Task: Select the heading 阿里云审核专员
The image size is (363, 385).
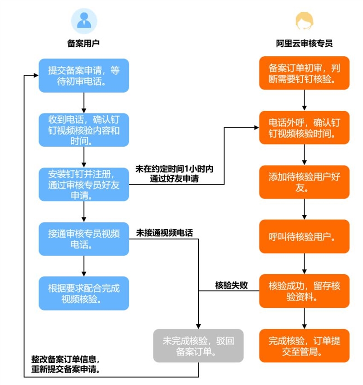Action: (x=304, y=44)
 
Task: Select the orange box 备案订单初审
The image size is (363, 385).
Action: (x=304, y=73)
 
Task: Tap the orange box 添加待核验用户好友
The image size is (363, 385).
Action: (x=304, y=182)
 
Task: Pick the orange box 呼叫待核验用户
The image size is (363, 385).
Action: (x=304, y=237)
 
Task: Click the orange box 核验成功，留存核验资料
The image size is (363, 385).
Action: (x=304, y=291)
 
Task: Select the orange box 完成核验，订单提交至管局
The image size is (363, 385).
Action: (x=304, y=346)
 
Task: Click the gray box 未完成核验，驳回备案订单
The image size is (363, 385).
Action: (x=198, y=346)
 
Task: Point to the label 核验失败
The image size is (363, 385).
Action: (x=231, y=286)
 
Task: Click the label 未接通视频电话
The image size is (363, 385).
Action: (x=164, y=233)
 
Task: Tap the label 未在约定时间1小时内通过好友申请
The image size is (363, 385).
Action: (x=174, y=174)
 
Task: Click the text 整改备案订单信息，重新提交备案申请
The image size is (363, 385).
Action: (x=66, y=363)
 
